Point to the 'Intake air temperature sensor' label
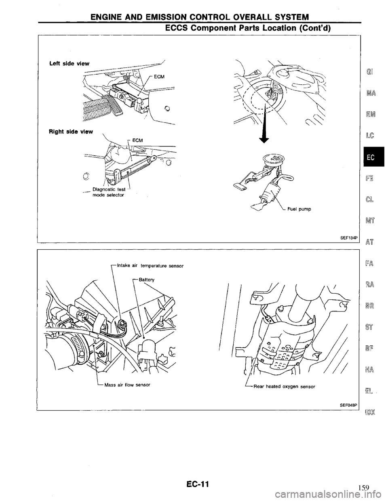tap(150, 266)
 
